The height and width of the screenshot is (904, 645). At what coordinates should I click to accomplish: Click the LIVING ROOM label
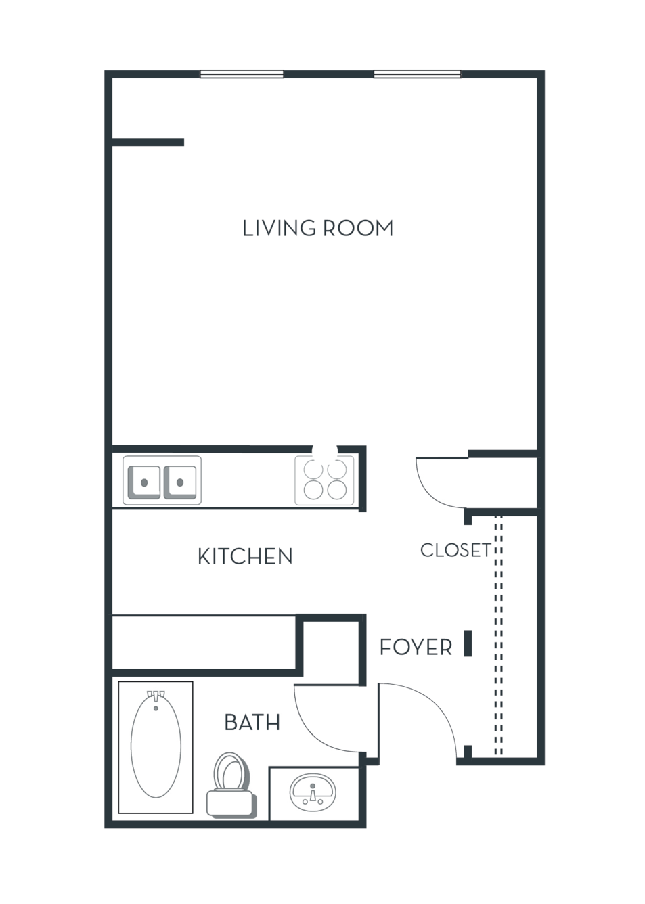pos(317,228)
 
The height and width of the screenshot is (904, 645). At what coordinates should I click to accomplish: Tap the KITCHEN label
pos(245,556)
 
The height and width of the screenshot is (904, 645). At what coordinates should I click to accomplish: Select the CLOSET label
pos(455,550)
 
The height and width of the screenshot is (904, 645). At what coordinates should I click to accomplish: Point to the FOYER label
pos(416,648)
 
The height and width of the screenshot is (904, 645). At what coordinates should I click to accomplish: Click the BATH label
pos(252,723)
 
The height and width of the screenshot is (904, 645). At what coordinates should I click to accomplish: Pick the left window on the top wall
pos(242,74)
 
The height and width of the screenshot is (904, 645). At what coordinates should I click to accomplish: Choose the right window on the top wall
pos(418,74)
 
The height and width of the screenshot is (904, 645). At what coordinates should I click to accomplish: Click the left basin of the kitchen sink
pos(144,482)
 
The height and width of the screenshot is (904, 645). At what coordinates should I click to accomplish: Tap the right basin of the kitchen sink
pos(180,482)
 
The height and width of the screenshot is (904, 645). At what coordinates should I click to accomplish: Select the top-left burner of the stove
pos(313,468)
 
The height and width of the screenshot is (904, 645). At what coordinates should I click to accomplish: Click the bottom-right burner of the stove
pos(337,490)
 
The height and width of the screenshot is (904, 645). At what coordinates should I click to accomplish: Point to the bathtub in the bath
pos(156,748)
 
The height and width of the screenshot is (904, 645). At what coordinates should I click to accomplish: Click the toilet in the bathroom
pos(231,786)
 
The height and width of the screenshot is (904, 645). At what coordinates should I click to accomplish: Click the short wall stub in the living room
pos(148,142)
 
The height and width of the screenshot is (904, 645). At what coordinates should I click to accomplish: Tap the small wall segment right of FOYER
pos(468,643)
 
